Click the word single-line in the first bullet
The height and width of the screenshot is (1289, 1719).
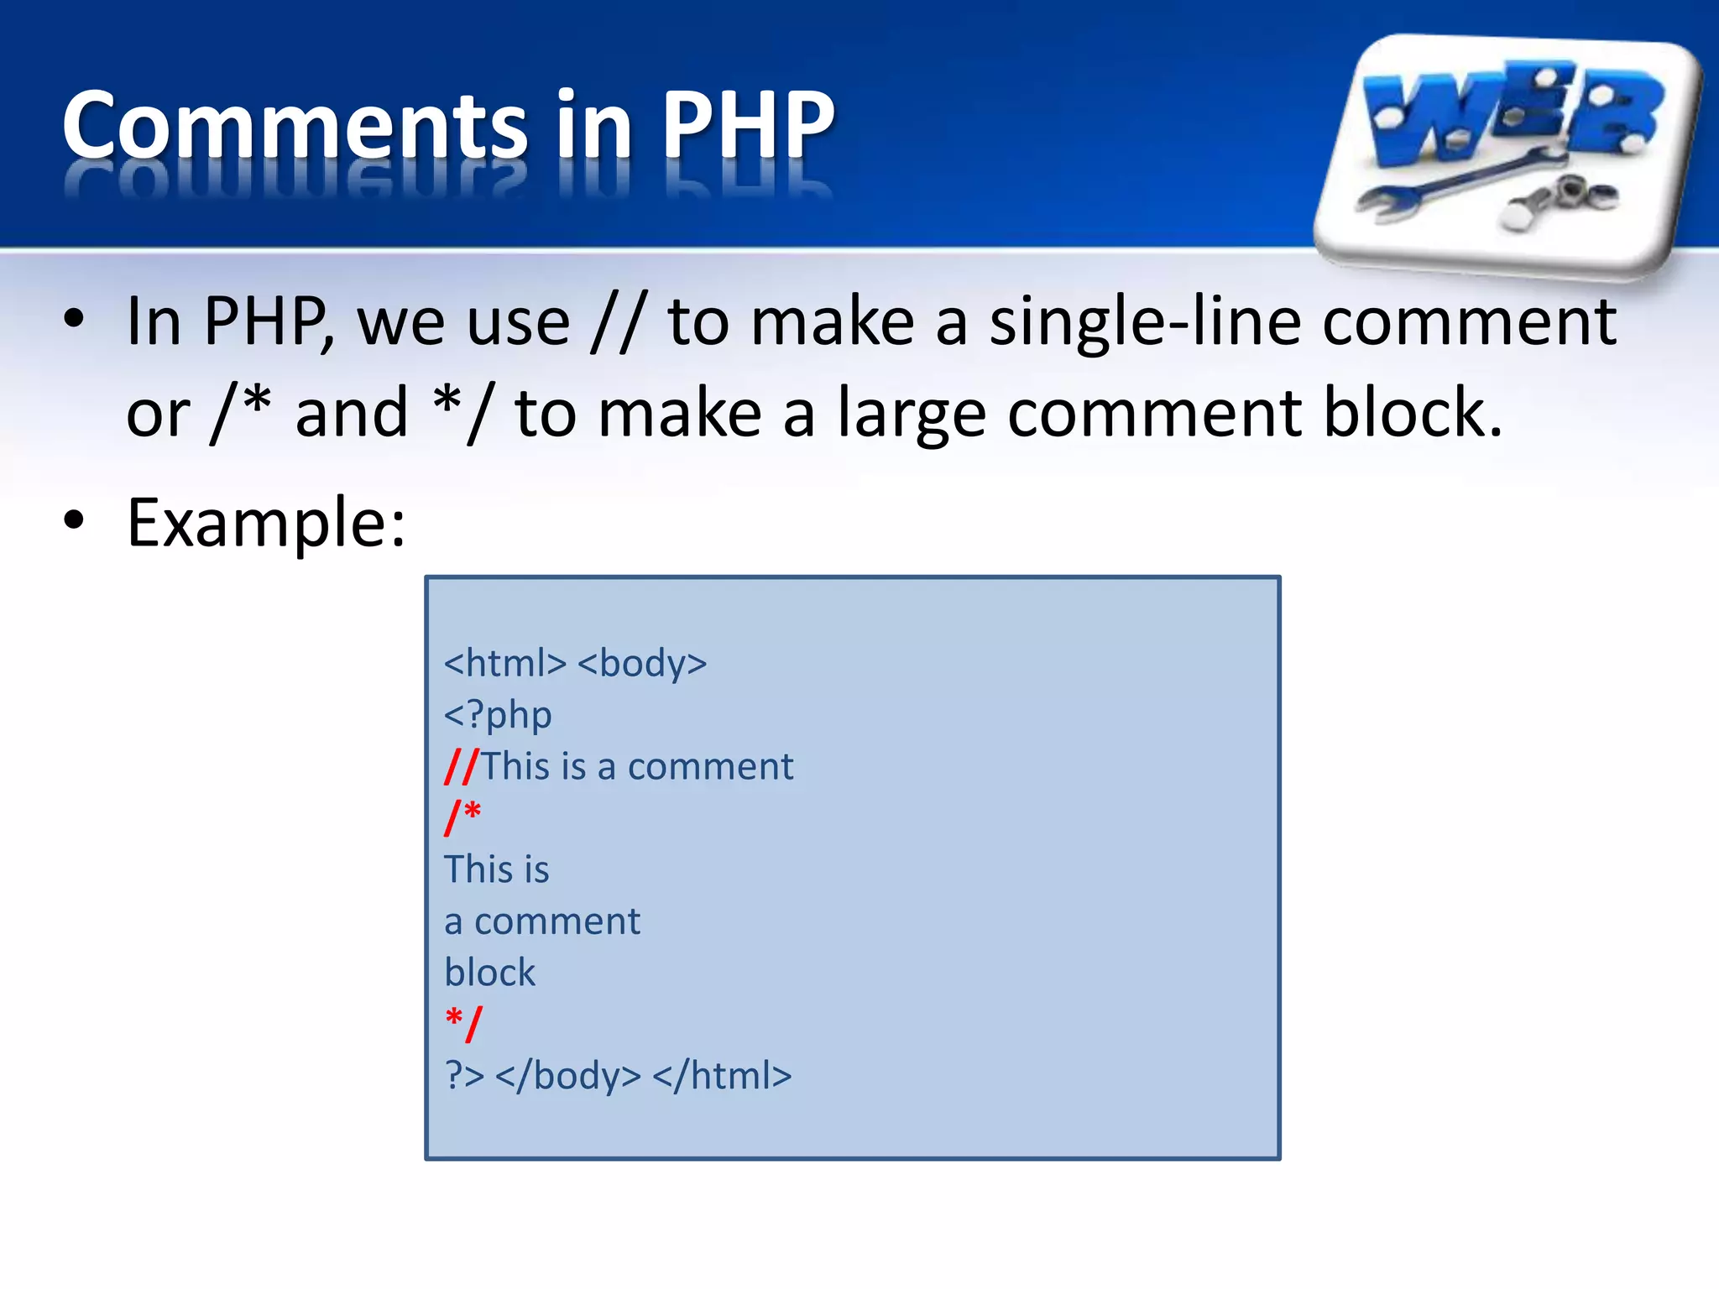click(x=1145, y=323)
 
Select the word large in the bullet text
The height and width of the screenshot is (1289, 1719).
click(x=912, y=414)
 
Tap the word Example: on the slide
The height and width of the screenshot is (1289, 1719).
click(x=266, y=523)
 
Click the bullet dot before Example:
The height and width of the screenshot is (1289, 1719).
click(x=74, y=521)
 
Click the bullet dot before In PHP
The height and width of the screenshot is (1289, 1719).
click(x=74, y=319)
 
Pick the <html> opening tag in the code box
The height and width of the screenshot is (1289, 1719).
click(x=505, y=663)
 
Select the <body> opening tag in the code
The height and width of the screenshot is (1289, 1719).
click(x=642, y=663)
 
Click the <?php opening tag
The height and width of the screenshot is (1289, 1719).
click(x=498, y=715)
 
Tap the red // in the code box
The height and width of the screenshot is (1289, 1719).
click(x=461, y=766)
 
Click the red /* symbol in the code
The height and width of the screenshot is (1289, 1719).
click(x=462, y=816)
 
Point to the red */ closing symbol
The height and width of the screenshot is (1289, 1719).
click(x=464, y=1023)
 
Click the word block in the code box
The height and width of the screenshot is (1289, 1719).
click(x=489, y=973)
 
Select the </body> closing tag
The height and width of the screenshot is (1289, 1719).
click(x=568, y=1076)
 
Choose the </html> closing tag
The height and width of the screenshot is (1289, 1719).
click(x=722, y=1076)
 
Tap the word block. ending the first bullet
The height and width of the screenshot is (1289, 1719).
click(x=1412, y=414)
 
